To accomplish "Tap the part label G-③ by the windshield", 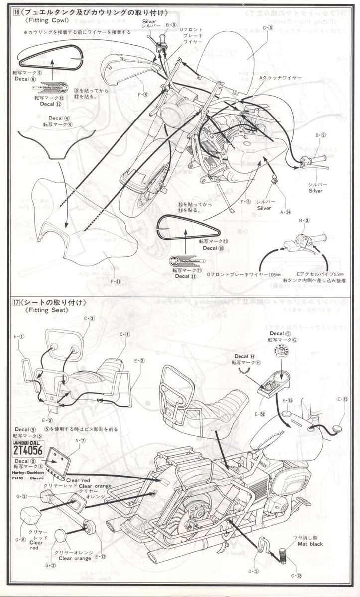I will [x=267, y=27].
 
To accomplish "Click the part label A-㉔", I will [x=286, y=212].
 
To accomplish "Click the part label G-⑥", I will [x=20, y=539].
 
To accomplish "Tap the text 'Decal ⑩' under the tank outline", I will [x=210, y=248].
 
